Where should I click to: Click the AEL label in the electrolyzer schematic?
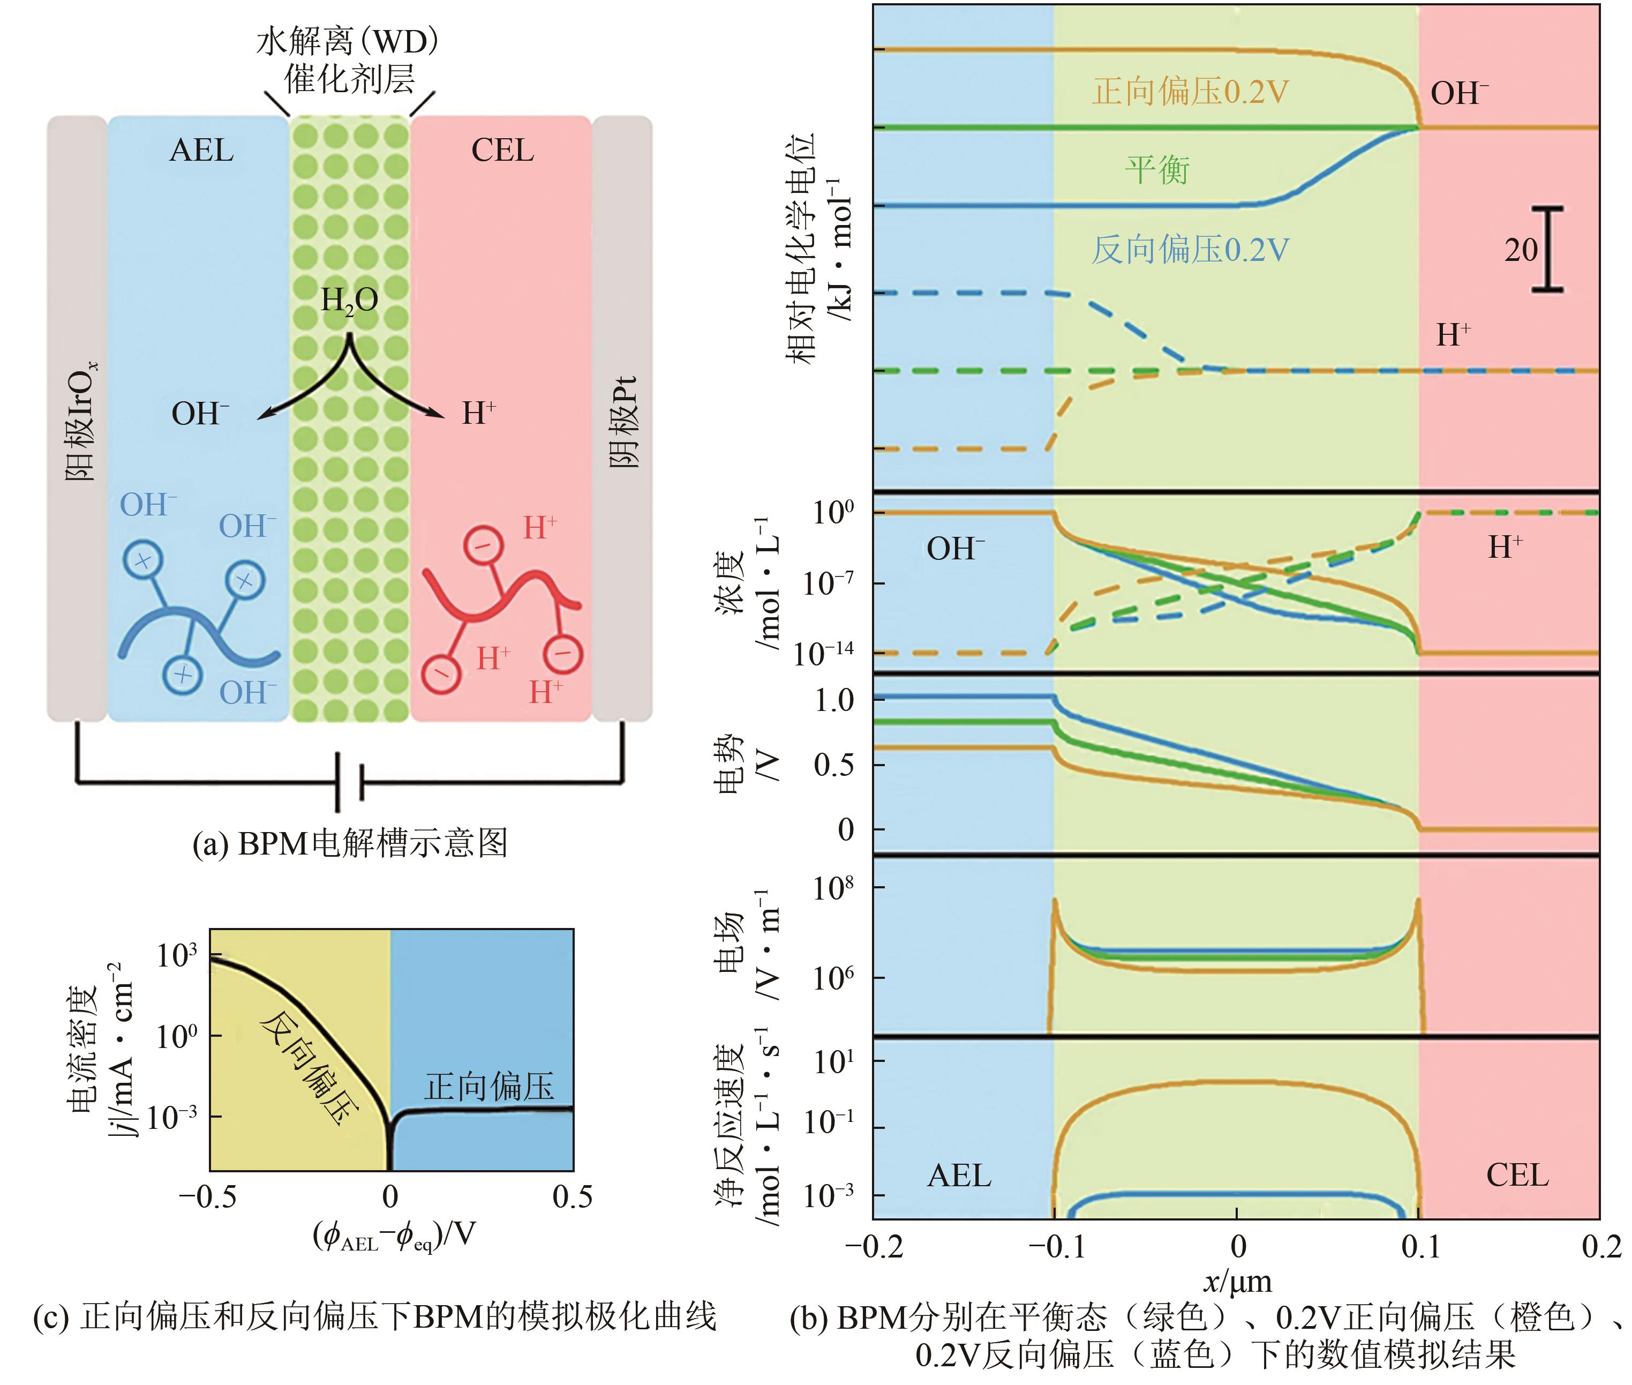[x=202, y=150]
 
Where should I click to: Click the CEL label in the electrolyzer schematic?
[x=502, y=150]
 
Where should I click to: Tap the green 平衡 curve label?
[x=1157, y=170]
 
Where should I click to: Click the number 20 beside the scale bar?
[x=1521, y=250]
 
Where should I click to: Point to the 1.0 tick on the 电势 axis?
[x=833, y=700]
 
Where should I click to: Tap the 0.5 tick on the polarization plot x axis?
[x=572, y=1196]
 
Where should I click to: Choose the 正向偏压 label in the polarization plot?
[x=489, y=1087]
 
